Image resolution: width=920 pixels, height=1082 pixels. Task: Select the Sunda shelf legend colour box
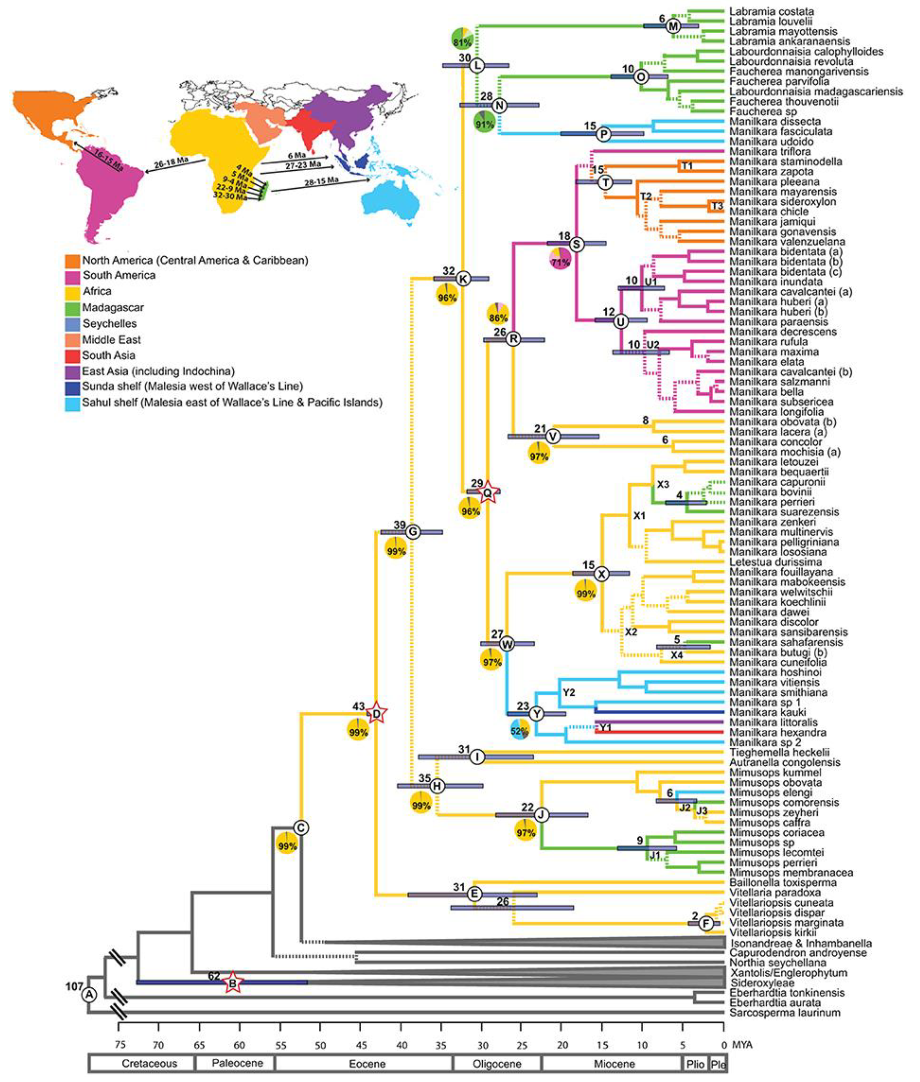pyautogui.click(x=72, y=387)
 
